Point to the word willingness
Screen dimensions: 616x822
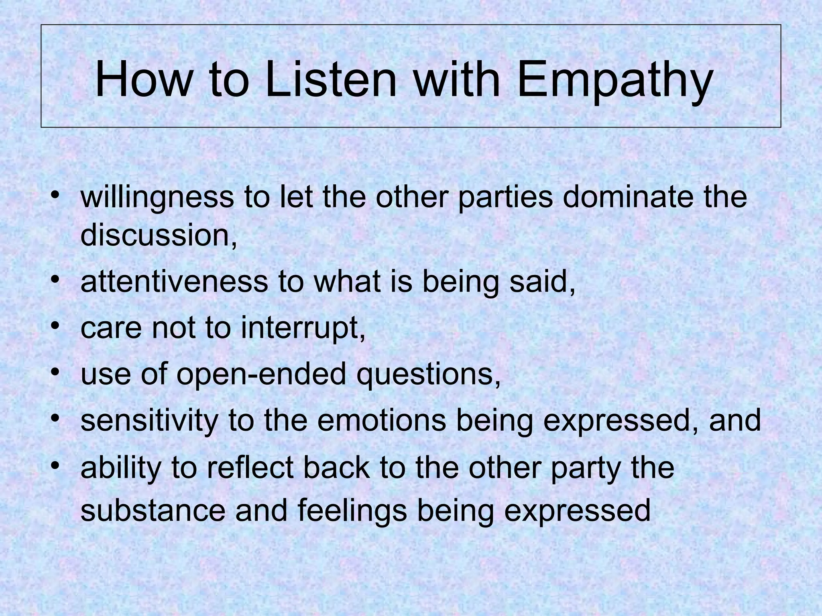click(157, 198)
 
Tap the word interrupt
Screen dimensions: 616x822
click(303, 328)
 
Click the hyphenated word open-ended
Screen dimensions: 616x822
click(261, 374)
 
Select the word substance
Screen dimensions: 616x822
click(153, 511)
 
